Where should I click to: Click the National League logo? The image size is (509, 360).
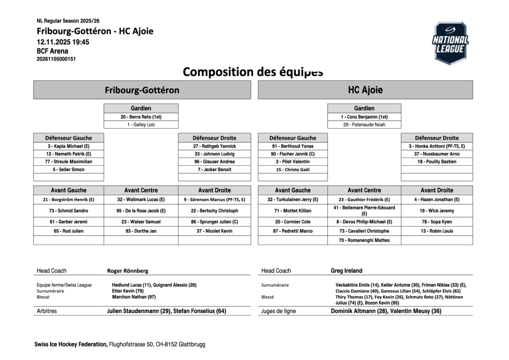pos(450,43)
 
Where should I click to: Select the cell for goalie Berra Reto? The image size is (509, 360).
pos(141,117)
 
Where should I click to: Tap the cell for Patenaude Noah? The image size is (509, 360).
pos(364,125)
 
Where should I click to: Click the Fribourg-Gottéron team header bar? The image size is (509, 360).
pos(142,90)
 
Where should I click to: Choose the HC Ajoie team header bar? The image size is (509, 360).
pos(365,90)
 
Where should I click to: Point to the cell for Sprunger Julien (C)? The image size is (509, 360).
pos(214,222)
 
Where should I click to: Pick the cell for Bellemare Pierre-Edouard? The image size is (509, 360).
pos(364,211)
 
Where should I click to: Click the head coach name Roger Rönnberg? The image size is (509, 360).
pos(128,271)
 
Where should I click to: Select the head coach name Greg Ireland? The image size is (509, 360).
pos(347,271)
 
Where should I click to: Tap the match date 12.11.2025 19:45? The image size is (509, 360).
pos(63,42)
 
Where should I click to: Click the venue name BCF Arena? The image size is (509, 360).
pos(53,51)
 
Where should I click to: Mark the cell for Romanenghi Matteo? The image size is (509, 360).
pos(364,240)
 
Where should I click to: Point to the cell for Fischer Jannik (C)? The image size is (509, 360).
pos(293,154)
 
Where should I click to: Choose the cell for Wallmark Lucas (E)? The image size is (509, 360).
pos(141,199)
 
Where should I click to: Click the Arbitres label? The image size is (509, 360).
pos(47,311)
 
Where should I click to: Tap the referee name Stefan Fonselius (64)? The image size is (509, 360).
pos(200,311)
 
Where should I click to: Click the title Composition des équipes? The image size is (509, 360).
pos(253,72)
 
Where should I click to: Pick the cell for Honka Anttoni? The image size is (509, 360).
pos(436,146)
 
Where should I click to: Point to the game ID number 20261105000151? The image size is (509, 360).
pos(56,59)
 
